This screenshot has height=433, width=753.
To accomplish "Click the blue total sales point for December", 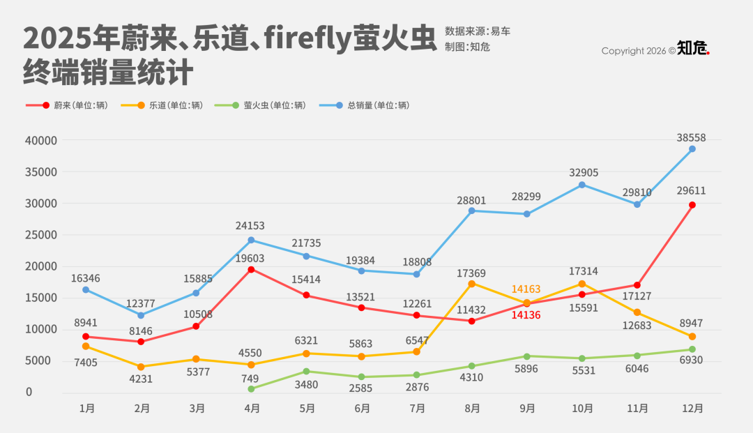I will (x=692, y=149).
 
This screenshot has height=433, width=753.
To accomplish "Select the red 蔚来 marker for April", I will (x=251, y=269).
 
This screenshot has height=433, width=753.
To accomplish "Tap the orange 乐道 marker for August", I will (x=471, y=284).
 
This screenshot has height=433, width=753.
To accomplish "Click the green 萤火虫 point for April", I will (x=251, y=389).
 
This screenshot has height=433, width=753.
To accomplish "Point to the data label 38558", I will (x=692, y=138).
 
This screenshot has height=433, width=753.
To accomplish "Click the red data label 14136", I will (x=526, y=314).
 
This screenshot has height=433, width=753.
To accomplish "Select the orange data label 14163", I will (x=526, y=289).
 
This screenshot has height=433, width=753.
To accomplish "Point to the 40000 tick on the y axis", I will (x=41, y=140).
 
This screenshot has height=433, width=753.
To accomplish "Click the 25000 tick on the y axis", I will (x=41, y=235).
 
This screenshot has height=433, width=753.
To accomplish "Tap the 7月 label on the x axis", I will (x=417, y=409).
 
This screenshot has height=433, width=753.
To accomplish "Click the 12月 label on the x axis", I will (x=692, y=409).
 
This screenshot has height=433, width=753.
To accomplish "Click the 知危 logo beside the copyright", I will (x=693, y=49).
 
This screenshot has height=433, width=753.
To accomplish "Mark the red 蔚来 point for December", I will (x=692, y=205).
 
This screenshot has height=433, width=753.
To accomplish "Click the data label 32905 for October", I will (x=584, y=173).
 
